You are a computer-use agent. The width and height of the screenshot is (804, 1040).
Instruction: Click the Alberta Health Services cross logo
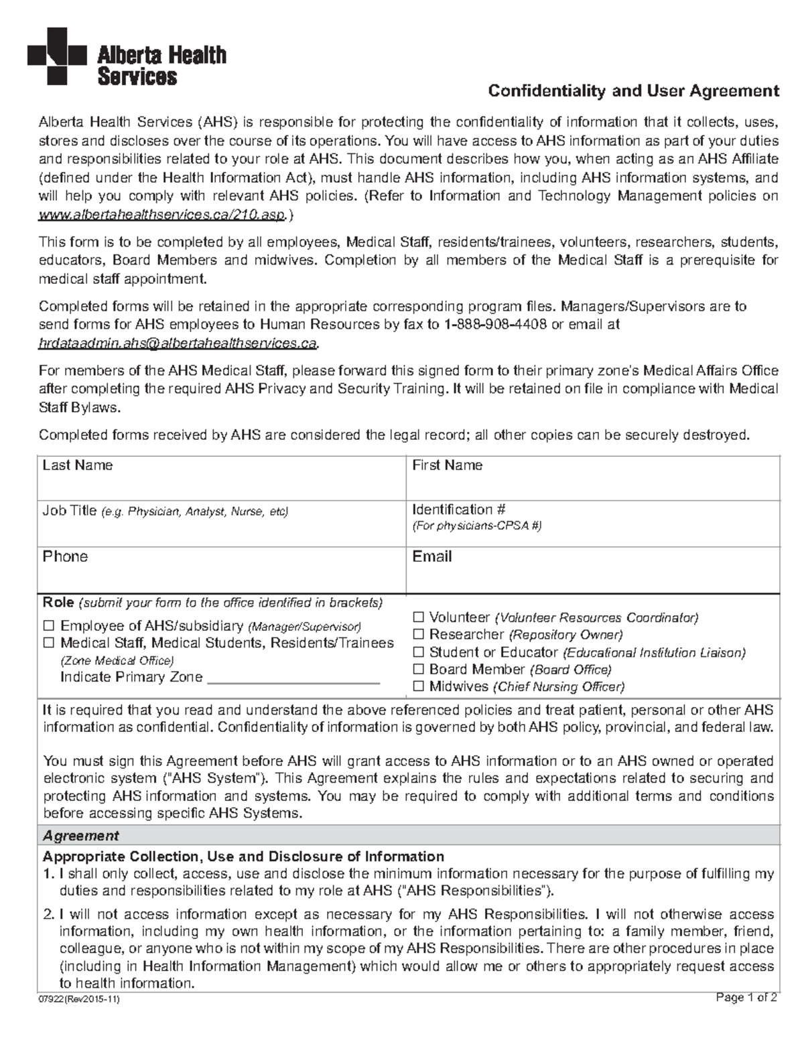coord(56,56)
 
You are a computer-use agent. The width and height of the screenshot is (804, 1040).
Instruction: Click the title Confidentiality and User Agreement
coord(633,91)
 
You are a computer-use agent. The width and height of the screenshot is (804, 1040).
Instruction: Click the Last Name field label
coord(77,465)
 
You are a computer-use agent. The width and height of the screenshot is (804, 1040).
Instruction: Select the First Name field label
coord(447,465)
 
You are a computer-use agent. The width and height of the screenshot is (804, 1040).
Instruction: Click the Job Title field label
coord(70,511)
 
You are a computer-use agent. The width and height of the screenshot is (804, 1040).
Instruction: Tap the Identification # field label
coord(459,510)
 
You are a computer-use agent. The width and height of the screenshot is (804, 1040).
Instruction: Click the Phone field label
coord(65,556)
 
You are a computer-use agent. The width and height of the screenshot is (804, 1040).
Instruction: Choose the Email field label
coord(432,556)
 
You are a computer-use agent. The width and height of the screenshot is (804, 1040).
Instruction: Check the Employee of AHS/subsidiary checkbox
coord(48,626)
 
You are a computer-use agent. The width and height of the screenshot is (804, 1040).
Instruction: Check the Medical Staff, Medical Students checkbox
coord(48,644)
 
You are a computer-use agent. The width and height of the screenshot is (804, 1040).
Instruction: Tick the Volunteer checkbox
coord(418,617)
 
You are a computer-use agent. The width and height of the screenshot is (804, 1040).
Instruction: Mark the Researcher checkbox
coord(418,635)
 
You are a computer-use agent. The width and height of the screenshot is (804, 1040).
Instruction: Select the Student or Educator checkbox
coord(418,652)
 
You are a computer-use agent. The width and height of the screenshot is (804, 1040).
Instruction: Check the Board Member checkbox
coord(418,669)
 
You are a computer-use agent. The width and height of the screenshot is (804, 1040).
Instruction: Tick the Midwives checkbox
coord(418,686)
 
